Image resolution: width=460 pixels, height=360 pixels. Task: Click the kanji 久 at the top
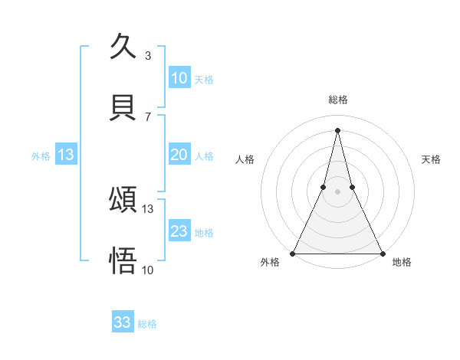(123, 47)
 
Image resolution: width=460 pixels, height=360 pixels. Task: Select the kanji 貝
(123, 107)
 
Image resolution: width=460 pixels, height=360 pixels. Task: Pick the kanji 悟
(123, 260)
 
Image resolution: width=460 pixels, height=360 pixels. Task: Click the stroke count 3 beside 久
(148, 55)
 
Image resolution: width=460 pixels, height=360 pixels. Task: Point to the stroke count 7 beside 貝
(148, 116)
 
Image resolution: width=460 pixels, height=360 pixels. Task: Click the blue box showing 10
(179, 77)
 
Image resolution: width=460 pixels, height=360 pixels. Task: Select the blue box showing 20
(179, 155)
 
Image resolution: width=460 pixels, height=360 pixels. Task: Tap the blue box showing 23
(179, 231)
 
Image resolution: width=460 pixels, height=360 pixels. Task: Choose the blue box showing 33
(123, 322)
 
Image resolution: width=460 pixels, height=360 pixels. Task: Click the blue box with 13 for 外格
(66, 155)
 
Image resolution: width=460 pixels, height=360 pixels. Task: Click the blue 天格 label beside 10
(204, 80)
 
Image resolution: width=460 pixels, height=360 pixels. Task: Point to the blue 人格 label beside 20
(204, 156)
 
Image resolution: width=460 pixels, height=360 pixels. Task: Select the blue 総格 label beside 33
(147, 324)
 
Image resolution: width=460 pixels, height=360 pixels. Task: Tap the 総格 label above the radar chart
(338, 100)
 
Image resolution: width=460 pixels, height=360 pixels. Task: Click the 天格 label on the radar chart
(432, 159)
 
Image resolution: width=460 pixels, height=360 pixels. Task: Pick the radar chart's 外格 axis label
(270, 262)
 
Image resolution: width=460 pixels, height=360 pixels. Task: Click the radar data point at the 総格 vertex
(337, 129)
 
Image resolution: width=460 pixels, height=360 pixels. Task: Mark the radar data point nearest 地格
(382, 253)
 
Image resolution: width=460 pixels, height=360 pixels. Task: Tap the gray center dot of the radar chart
(337, 191)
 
